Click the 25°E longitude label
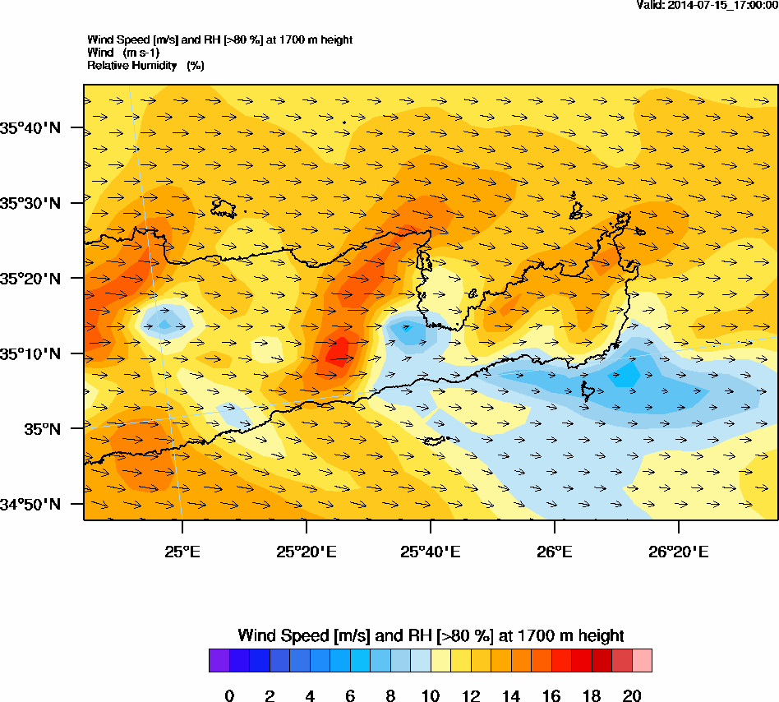point(182,551)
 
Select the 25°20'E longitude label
point(306,551)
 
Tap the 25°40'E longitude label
point(430,551)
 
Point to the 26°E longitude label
point(555,551)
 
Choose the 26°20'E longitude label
point(679,551)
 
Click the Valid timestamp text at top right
point(708,6)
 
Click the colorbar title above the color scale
point(431,635)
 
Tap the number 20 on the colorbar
point(631,696)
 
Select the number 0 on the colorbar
point(229,696)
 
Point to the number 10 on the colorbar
point(431,696)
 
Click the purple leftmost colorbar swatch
point(219,660)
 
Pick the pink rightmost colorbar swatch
point(642,660)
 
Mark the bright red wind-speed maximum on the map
point(338,352)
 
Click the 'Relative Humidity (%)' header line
point(145,65)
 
